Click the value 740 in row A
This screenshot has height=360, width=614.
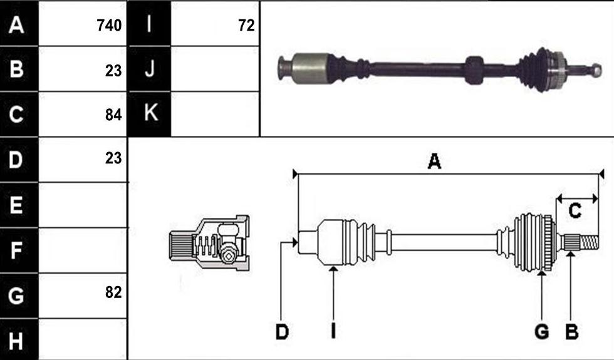coord(109,26)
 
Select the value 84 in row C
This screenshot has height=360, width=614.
coord(113,115)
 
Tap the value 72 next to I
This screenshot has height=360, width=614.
coord(246,26)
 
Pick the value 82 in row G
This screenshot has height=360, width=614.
coord(113,292)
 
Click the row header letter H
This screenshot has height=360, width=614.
coord(16,341)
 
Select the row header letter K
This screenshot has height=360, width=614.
coord(151,113)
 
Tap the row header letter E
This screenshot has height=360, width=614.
coord(16,205)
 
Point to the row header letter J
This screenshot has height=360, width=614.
coord(150,69)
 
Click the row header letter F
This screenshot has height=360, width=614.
coord(16,250)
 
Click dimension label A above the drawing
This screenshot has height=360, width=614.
coord(434,162)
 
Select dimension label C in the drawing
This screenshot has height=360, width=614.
coord(575,212)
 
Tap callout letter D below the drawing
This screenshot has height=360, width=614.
coord(282,332)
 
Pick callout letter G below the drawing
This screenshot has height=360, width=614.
coord(541,332)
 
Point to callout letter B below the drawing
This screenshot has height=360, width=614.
coord(571,332)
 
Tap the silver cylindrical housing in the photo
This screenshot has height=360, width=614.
coord(311,68)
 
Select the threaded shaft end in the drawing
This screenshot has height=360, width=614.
coord(588,243)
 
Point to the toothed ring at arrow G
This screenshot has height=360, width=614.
coord(548,243)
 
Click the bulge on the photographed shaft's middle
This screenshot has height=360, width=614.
coord(474,70)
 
